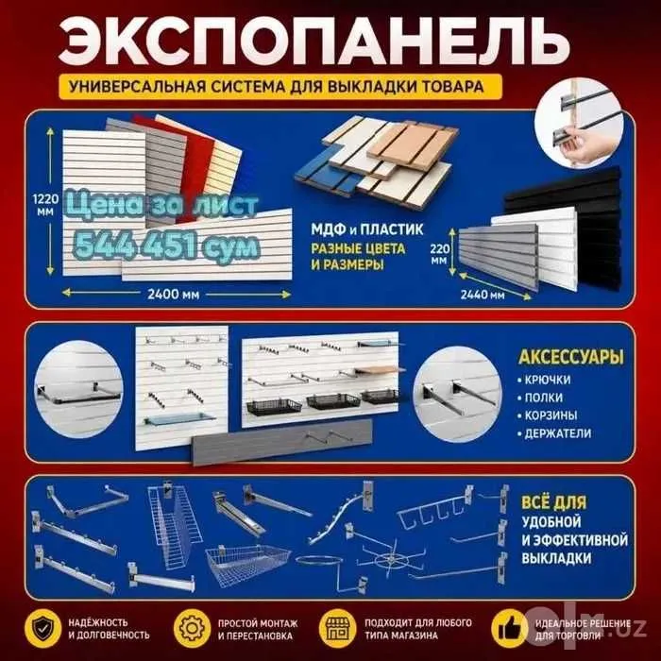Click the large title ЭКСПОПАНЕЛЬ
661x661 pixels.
pyautogui.click(x=314, y=42)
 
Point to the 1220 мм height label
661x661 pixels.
pyautogui.click(x=43, y=205)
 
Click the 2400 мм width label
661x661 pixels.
pyautogui.click(x=173, y=294)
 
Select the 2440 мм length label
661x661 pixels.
pyautogui.click(x=483, y=295)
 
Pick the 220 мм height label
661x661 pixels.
pyautogui.click(x=439, y=254)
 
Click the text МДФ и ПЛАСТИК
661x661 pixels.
pyautogui.click(x=366, y=229)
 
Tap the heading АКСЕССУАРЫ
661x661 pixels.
pyautogui.click(x=570, y=357)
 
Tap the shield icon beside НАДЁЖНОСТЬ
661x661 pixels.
pyautogui.click(x=42, y=629)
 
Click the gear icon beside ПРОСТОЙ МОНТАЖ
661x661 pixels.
pyautogui.click(x=192, y=629)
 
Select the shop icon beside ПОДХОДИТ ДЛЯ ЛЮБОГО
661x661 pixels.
pyautogui.click(x=336, y=629)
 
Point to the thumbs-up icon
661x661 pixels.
pyautogui.click(x=510, y=629)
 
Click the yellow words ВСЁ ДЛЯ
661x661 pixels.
pyautogui.click(x=553, y=502)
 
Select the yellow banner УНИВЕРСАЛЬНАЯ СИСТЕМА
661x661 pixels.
pyautogui.click(x=280, y=87)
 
